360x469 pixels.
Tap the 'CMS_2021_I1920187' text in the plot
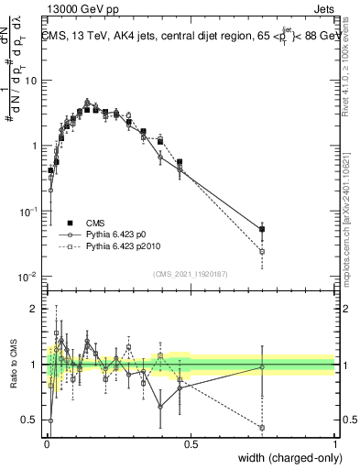pos(190,273)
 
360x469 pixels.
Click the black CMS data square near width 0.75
pos(263,229)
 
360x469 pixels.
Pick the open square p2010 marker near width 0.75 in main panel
pos(263,251)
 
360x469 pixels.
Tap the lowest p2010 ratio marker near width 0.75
pos(263,428)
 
